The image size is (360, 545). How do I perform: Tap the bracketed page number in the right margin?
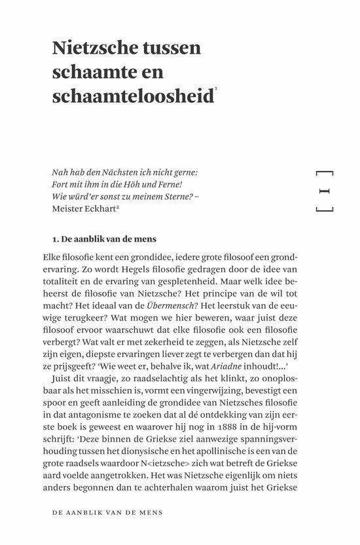coord(325,191)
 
